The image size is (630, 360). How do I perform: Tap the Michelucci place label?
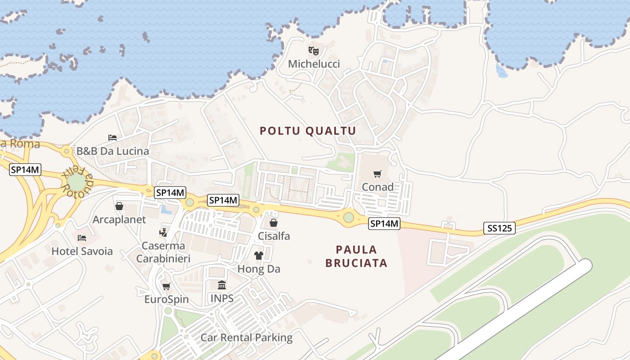[314, 64]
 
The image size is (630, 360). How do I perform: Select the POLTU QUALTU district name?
[308, 131]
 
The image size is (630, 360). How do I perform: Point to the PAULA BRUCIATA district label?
[356, 256]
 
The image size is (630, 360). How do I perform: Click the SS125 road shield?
[499, 228]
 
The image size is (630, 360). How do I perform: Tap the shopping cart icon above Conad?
[378, 174]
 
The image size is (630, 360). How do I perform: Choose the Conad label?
[378, 187]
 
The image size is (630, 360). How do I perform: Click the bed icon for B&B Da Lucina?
[112, 137]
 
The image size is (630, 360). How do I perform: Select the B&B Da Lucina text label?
[112, 151]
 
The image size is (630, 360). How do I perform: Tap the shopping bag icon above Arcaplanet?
[119, 206]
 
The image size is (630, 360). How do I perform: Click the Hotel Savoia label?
[82, 251]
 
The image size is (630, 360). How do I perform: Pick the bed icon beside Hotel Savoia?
[81, 238]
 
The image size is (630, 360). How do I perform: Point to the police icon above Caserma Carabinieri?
[163, 232]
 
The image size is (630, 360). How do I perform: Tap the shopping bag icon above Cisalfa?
[273, 222]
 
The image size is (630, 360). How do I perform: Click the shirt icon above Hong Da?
[258, 256]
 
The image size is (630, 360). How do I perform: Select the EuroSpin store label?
[166, 299]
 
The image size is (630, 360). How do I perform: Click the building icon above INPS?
[222, 285]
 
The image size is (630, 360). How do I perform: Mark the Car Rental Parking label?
[247, 337]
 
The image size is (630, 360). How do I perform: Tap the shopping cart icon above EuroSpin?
[166, 286]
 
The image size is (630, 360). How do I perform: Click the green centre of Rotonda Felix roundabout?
[76, 182]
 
